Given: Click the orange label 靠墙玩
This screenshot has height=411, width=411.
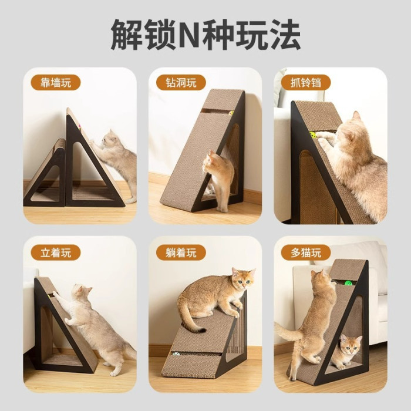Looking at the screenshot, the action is point(56,83).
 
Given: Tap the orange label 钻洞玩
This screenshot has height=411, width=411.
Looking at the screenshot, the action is point(181,83).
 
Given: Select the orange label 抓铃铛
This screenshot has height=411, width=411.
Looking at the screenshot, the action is point(306,83).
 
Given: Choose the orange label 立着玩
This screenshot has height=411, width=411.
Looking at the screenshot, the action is point(56,253).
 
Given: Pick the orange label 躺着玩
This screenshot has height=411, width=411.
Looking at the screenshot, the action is point(181,253).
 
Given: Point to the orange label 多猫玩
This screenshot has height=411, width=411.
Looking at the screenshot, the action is point(306,253).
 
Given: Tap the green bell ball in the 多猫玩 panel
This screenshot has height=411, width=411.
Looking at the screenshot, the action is point(348,284).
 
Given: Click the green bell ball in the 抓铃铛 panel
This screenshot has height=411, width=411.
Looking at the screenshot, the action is point(313,135).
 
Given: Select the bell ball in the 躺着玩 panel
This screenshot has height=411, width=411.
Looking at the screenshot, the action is point(176,354).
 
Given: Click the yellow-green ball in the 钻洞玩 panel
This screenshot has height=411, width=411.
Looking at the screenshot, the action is point(231,113).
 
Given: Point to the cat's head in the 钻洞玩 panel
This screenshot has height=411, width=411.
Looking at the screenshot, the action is point(210,162).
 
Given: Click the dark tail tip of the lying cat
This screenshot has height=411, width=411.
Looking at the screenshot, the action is point(201,330).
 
